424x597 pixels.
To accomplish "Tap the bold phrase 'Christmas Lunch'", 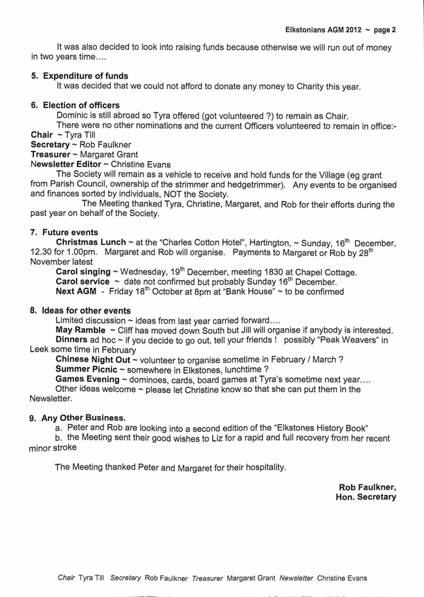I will (91, 243).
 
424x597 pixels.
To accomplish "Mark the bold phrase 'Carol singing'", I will (84, 272).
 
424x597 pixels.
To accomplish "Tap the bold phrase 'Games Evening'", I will (87, 379).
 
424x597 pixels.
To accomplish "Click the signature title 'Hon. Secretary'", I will (366, 497).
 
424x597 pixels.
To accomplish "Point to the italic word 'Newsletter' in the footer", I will (296, 578).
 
